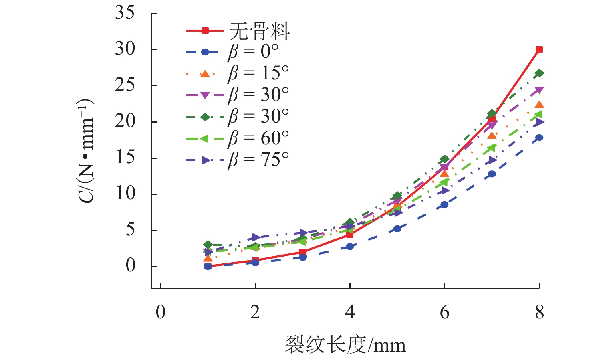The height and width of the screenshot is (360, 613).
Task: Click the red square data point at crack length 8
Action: [539, 49]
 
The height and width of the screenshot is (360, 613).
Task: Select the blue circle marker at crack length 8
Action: [539, 138]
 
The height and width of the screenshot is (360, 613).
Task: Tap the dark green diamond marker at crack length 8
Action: [539, 73]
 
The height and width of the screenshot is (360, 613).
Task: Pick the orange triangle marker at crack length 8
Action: [539, 105]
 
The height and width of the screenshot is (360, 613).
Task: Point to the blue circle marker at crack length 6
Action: [444, 204]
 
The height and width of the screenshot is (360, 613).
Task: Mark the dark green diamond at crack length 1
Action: [208, 245]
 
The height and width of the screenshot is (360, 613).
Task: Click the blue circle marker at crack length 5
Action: [397, 229]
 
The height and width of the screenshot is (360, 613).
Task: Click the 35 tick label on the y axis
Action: [125, 13]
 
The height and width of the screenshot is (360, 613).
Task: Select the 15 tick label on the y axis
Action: [125, 158]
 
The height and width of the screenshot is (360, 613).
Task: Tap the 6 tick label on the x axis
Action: [444, 312]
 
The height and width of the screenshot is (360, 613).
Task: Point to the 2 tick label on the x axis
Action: [255, 312]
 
